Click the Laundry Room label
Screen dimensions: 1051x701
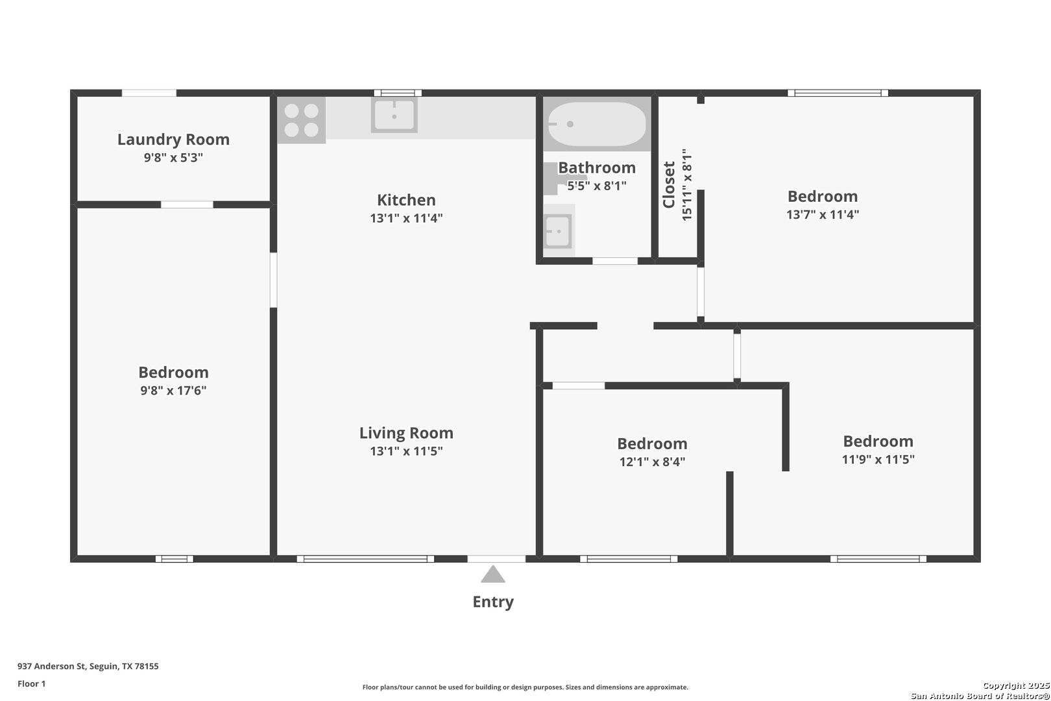(173, 140)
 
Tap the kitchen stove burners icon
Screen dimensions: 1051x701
(301, 120)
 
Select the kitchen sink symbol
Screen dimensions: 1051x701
(394, 115)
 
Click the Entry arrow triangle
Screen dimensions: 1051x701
(492, 574)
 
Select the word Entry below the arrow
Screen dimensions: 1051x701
(493, 602)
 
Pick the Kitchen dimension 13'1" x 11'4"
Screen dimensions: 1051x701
(406, 218)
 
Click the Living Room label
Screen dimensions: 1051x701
(406, 433)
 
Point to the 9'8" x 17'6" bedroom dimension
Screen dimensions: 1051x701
(173, 391)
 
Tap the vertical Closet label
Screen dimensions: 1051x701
(669, 184)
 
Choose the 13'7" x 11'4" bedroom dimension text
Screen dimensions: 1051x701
(823, 215)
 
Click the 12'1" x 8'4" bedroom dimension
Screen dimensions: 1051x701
(652, 462)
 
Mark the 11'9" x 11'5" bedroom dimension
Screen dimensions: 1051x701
(878, 460)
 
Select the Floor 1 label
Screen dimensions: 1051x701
(31, 683)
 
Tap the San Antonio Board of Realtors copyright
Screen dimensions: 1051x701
(980, 696)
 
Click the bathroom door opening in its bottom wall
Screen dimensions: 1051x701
(614, 261)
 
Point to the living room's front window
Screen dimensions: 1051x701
(365, 559)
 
